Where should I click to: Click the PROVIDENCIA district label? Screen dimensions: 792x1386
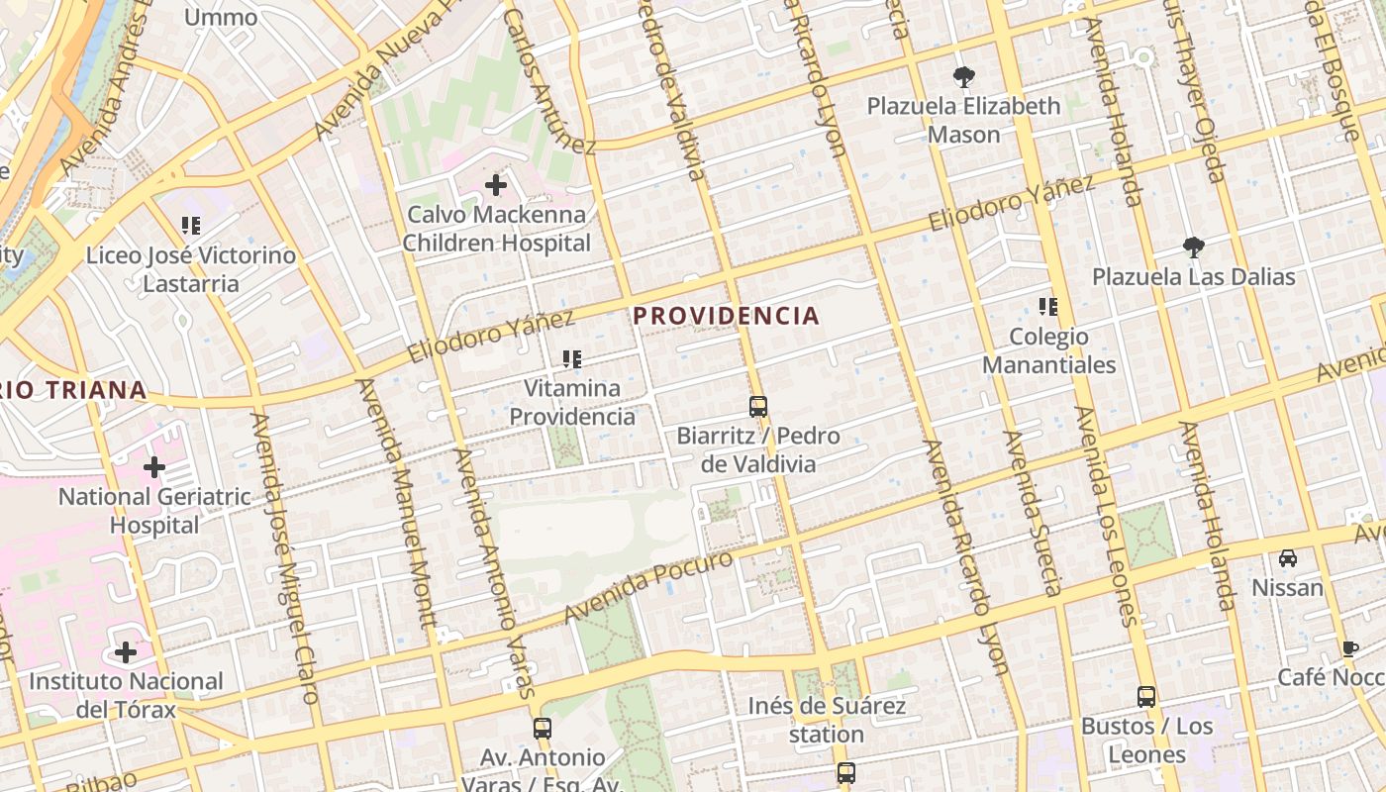tap(726, 316)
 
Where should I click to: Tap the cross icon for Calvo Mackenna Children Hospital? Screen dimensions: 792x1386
tap(496, 185)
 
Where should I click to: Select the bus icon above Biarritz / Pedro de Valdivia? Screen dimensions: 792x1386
tap(758, 407)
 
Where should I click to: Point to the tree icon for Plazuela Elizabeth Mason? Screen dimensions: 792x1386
tap(963, 77)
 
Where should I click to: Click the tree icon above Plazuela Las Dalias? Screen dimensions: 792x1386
tap(1193, 247)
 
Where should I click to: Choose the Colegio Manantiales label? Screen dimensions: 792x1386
tap(1048, 350)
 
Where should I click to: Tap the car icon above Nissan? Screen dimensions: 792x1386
tap(1287, 558)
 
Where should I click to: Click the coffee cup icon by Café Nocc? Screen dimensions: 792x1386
tap(1349, 648)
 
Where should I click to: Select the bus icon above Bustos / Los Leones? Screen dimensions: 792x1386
tap(1146, 697)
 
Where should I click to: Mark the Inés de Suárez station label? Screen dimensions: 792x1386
tap(827, 720)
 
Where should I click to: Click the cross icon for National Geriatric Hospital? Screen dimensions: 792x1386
tap(154, 467)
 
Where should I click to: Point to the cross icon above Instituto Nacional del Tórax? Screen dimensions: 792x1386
tap(126, 652)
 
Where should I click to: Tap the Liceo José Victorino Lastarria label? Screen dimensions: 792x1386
tap(190, 269)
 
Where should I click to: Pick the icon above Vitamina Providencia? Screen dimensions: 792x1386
tap(571, 359)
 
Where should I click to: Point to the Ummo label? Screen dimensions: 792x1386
tap(220, 17)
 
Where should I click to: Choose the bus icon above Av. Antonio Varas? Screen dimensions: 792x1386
tap(542, 729)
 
